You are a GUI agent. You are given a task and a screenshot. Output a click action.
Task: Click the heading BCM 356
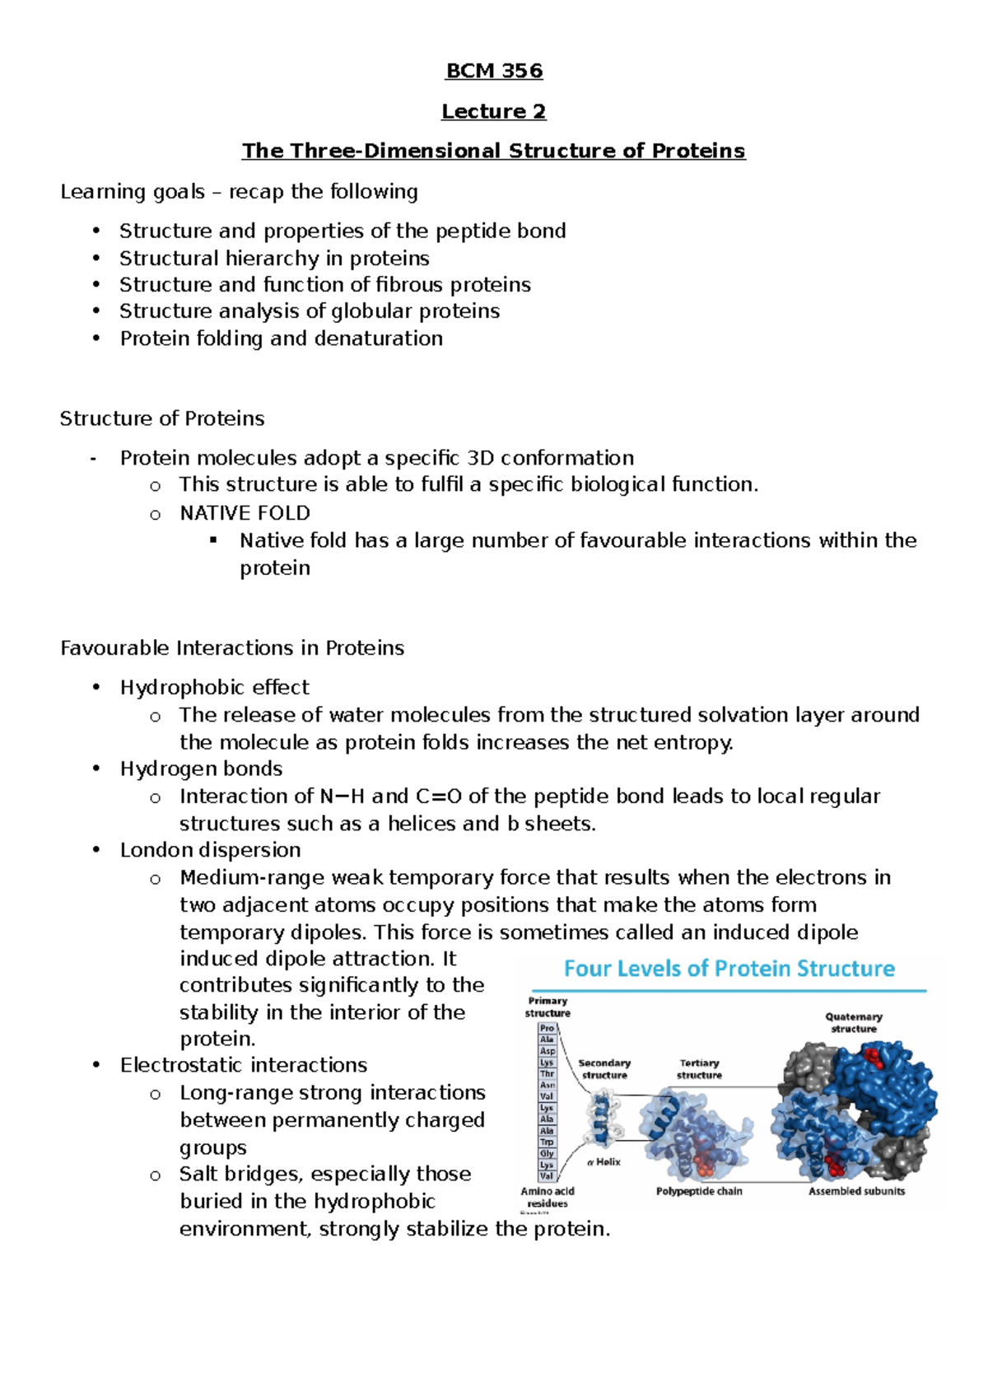coord(494,71)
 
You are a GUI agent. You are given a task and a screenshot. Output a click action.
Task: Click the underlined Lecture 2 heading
coord(494,111)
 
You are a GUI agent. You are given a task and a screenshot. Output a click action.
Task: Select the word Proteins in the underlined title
coord(698,151)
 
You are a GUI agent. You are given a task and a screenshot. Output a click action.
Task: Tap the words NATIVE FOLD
coord(245,513)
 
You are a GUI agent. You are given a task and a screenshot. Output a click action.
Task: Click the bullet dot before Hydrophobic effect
coord(96,687)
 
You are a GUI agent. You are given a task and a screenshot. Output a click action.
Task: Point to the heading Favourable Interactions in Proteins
coord(232,648)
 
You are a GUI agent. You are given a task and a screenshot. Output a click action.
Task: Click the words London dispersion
coord(210,850)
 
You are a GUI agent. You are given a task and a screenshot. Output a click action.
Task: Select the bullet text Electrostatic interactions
coord(244,1065)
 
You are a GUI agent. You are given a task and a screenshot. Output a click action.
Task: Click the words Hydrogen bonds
coord(201,769)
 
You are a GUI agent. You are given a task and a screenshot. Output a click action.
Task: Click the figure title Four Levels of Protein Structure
coord(729,969)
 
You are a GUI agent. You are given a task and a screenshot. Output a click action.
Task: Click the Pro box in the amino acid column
coord(548,1028)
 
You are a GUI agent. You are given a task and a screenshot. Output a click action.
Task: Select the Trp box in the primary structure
coord(548,1142)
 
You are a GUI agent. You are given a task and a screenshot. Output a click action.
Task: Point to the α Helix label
coord(604,1162)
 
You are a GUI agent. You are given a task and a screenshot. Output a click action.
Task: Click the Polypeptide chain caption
coord(699,1191)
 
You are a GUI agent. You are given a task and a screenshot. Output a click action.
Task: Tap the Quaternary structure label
coord(854,1022)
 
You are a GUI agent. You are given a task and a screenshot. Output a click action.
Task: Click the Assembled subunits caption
coord(856,1191)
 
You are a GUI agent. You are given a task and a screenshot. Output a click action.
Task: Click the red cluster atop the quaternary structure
coord(871,1056)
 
